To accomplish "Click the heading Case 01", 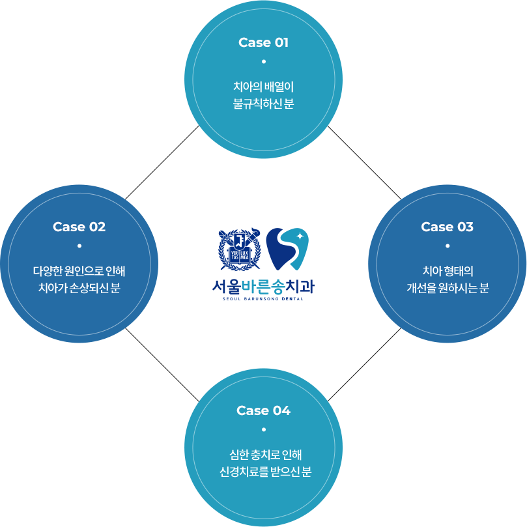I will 263,43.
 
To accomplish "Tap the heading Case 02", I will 79,227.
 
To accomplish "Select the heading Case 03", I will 447,227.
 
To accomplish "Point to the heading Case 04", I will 263,410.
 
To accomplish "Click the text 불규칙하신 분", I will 263,104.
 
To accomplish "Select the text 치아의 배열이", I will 263,86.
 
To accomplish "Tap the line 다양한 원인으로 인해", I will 79,270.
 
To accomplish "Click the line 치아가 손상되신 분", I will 79,288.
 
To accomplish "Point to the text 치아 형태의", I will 447,270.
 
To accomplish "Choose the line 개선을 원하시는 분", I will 447,288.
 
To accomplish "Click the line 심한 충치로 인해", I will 263,454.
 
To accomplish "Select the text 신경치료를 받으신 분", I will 263,472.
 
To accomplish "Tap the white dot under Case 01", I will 263,62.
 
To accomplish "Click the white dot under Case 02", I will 79,246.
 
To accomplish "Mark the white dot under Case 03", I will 447,246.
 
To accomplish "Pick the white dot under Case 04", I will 263,429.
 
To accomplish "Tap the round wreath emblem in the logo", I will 240,249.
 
